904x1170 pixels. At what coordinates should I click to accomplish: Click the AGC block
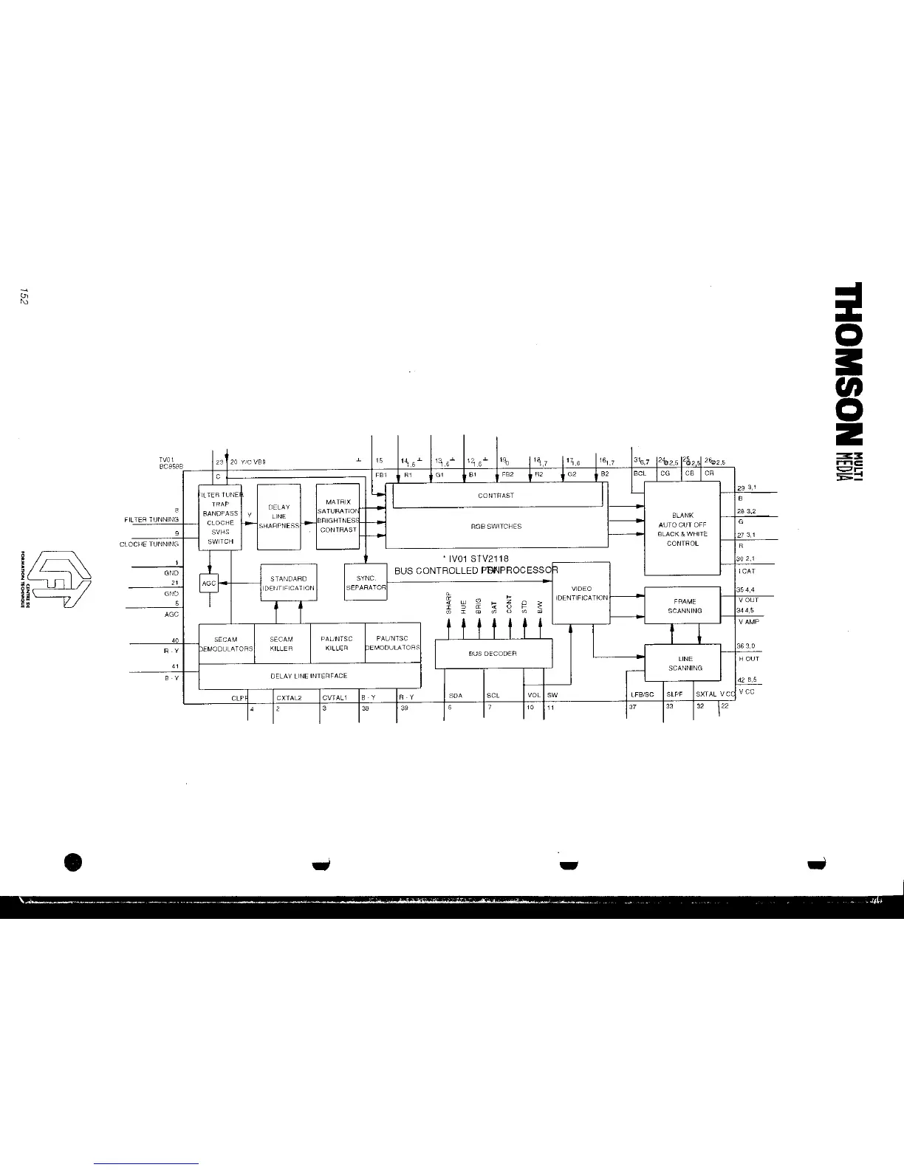click(x=209, y=583)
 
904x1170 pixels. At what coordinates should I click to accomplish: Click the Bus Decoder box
click(x=493, y=654)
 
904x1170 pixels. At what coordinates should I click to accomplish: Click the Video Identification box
click(x=581, y=593)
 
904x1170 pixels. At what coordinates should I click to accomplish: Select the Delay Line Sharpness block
click(x=278, y=516)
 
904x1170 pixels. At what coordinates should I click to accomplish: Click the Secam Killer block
click(x=281, y=643)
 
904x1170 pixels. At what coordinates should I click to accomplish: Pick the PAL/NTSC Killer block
click(x=337, y=643)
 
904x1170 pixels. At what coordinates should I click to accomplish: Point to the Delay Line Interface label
click(x=308, y=676)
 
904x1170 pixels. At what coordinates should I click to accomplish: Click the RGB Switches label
click(x=496, y=527)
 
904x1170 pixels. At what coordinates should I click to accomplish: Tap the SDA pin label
click(x=456, y=696)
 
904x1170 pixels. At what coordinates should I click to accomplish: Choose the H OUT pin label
click(x=748, y=658)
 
